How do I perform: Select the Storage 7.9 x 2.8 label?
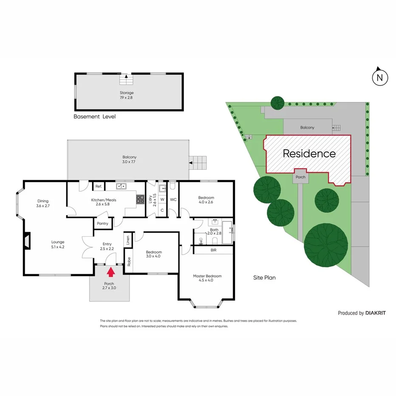pos(126,95)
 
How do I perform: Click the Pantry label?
pos(102,223)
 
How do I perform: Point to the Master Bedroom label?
pos(207,278)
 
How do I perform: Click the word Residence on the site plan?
pos(309,154)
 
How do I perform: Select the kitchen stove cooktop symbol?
pos(140,198)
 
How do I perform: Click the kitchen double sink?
pos(122,186)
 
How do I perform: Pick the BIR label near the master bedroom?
pos(213,250)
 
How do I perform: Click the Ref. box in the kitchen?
pos(98,186)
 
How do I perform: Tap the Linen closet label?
pos(127,240)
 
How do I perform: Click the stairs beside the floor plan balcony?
pos(198,162)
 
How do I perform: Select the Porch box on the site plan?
pos(301,177)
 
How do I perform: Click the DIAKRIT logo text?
pos(375,313)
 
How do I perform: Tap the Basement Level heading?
pos(94,116)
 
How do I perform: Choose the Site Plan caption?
pos(264,278)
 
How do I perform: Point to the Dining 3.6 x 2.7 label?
pos(43,204)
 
